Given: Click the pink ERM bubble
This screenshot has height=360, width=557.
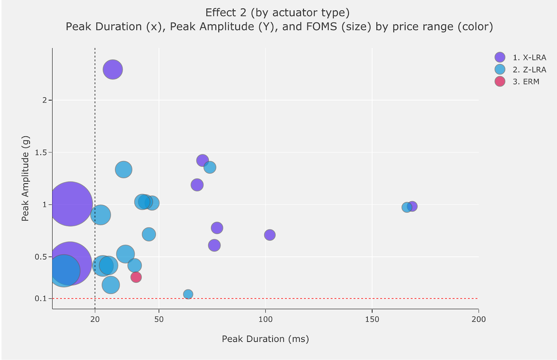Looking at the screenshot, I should point(136,277).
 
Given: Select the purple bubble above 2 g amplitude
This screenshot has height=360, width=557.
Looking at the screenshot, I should point(112,70).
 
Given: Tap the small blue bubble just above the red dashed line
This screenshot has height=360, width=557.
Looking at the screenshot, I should point(188,294).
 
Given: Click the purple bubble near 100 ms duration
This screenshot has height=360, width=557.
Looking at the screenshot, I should point(269,235).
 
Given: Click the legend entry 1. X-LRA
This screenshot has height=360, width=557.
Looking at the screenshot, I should point(529,57).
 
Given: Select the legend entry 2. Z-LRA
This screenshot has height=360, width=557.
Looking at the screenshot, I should point(529,70).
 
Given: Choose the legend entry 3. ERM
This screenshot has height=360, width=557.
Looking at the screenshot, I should point(526,82).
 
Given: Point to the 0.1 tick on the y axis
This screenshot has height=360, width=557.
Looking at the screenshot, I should point(41,298).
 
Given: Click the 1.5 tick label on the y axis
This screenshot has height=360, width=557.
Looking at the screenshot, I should point(41,152).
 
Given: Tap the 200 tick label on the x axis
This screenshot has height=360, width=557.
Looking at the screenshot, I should point(478,319).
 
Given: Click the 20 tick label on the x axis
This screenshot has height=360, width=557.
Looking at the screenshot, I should point(95,319).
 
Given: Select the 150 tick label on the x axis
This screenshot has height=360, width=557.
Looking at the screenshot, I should point(372,319).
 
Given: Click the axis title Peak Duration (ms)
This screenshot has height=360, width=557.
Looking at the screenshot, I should point(265,339).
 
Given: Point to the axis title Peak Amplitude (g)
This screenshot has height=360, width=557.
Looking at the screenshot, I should point(25,178).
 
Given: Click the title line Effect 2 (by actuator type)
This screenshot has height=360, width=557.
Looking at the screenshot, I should point(277,13).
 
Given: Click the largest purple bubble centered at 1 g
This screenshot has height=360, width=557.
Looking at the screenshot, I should point(70,204).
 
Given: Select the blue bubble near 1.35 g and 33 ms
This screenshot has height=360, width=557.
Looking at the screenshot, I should point(124,170).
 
